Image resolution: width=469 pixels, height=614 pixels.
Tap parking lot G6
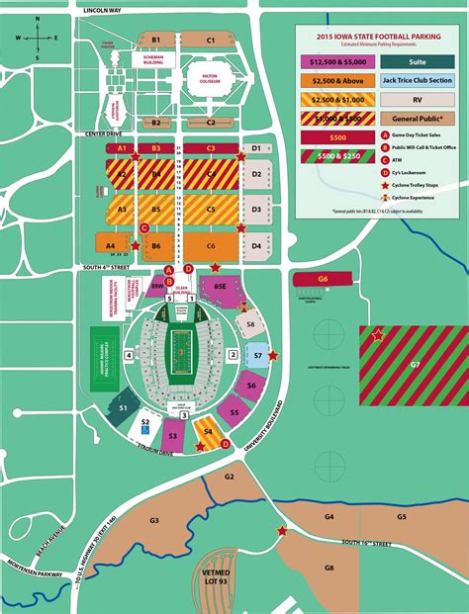(323, 280)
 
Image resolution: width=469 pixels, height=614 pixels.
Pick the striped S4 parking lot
(207, 431)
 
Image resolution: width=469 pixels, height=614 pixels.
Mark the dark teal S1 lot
(124, 406)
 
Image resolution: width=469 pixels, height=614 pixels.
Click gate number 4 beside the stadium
(128, 353)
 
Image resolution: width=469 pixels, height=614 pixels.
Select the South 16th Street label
(367, 543)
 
